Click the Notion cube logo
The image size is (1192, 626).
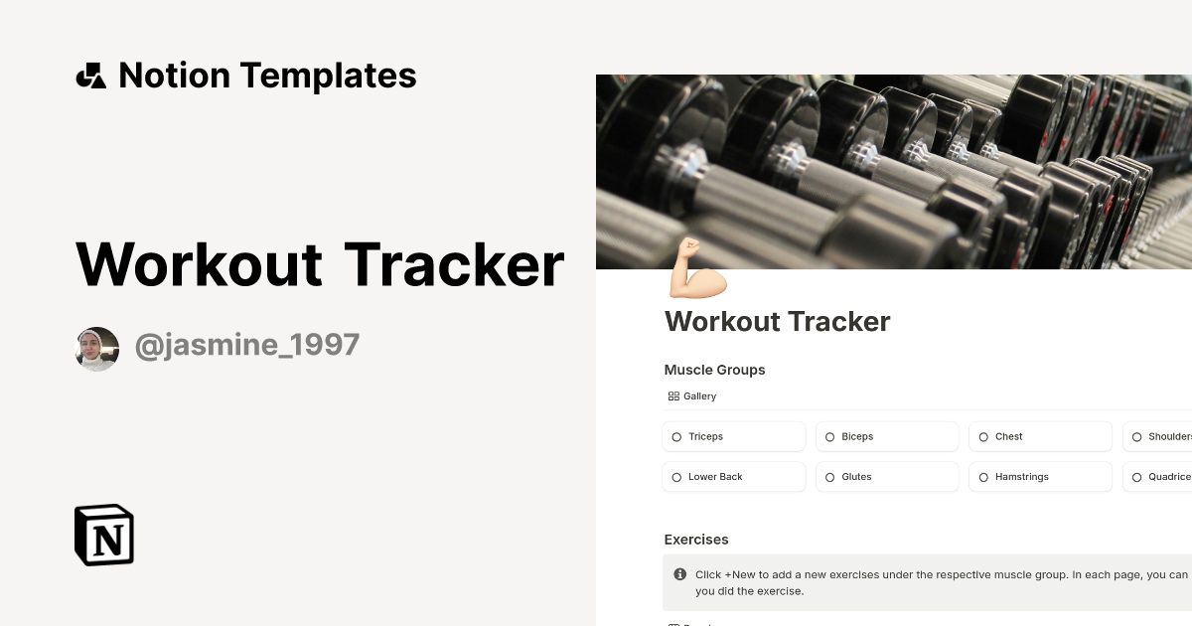(104, 536)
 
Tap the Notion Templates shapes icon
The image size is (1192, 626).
(90, 76)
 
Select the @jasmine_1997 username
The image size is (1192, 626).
(246, 346)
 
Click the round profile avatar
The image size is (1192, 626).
(97, 349)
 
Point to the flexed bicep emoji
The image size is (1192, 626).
(697, 268)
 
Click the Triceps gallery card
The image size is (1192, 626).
(733, 436)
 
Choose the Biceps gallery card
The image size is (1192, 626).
(887, 436)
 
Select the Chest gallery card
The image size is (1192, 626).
(1040, 436)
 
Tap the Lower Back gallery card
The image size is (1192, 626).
(733, 477)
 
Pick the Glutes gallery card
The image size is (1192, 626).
(887, 477)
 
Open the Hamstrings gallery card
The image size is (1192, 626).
(1040, 477)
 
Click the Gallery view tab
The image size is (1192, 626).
(692, 396)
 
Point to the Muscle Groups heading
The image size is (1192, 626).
(714, 370)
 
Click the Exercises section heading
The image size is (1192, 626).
(696, 540)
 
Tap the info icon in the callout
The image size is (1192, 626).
(680, 574)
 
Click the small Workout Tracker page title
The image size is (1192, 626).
(777, 322)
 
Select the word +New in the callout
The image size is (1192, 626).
(741, 574)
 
